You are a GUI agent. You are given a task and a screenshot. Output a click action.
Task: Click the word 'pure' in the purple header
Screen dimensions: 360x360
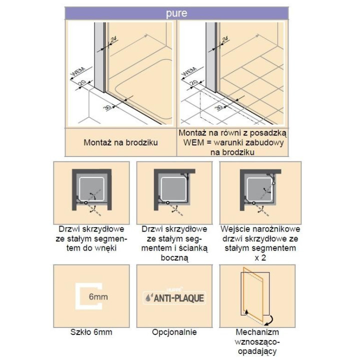tap(176, 13)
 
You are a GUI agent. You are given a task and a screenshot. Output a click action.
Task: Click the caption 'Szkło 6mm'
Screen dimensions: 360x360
tap(90, 332)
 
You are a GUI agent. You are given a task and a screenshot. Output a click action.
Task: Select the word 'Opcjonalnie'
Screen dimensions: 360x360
tap(174, 332)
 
